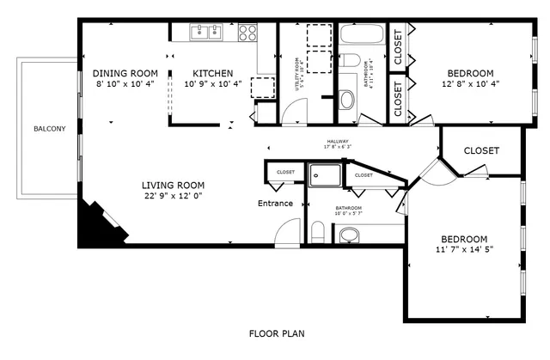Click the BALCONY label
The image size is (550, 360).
click(x=49, y=129)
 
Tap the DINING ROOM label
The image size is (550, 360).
click(x=125, y=73)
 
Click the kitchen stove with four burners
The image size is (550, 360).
click(x=247, y=33)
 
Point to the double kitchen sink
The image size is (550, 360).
click(x=206, y=33)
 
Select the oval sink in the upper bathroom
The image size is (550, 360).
click(x=346, y=100)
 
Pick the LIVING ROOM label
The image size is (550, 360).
click(x=173, y=185)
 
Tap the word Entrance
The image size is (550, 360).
click(x=276, y=204)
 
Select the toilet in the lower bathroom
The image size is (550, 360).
click(x=317, y=231)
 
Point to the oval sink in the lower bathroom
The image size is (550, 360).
click(x=350, y=235)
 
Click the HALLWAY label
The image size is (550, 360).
click(x=337, y=141)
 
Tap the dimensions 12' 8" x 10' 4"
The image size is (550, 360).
click(x=470, y=85)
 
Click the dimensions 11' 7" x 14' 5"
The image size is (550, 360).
click(x=464, y=251)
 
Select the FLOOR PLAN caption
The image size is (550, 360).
click(x=276, y=333)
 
